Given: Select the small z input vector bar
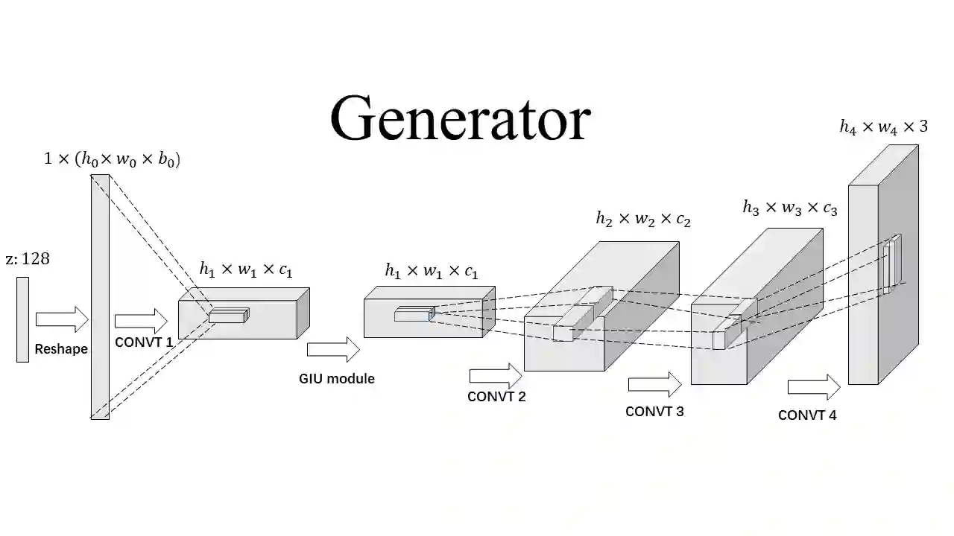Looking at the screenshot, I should click(22, 319).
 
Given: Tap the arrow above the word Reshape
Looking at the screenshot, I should click(62, 319).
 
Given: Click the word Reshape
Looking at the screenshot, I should click(61, 349).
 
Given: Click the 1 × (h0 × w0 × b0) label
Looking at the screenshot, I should click(112, 159).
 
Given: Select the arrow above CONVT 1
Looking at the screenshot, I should click(141, 321).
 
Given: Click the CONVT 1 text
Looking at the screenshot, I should click(144, 342).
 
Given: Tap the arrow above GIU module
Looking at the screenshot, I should click(333, 349).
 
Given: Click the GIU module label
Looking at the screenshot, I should click(337, 379).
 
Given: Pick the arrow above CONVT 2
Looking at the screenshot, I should click(496, 376).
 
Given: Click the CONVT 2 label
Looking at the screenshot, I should click(496, 397).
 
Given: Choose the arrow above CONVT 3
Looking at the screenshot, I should click(654, 385).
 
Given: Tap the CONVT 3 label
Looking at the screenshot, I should click(654, 411).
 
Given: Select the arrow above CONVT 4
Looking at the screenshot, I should click(814, 388).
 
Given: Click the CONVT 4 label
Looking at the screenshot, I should click(807, 415).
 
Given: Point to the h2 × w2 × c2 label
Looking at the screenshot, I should click(643, 219).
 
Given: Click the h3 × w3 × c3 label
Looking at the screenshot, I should click(790, 208).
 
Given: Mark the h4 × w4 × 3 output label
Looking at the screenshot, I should click(884, 127).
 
